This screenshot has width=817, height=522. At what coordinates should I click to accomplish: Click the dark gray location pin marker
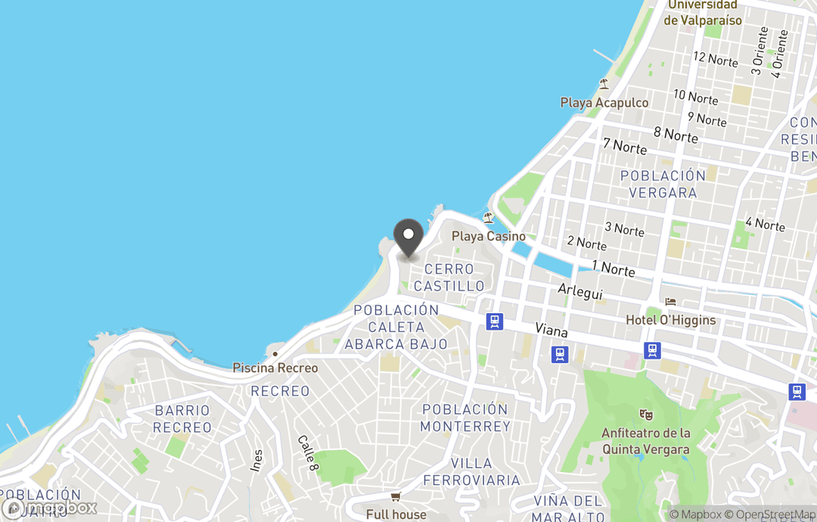[x=408, y=238]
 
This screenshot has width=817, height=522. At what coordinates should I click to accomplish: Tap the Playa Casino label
[x=489, y=236]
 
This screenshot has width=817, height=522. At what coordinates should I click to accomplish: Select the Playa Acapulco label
[x=604, y=102]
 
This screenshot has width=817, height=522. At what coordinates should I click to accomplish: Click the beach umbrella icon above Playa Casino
[x=488, y=218]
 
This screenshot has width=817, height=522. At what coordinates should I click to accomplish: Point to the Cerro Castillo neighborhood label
[x=449, y=278]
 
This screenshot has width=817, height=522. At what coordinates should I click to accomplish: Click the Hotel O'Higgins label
[x=670, y=320]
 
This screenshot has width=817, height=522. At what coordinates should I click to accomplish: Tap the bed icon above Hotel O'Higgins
[x=670, y=302]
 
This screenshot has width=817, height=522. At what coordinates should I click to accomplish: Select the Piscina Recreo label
[x=275, y=368]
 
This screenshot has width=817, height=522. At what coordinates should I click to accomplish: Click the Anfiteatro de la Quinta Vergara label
[x=646, y=441]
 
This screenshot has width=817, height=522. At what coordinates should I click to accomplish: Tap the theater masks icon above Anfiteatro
[x=645, y=415]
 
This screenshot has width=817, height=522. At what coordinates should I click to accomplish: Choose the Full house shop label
[x=396, y=514]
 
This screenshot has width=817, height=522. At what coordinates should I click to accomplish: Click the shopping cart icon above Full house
[x=395, y=497]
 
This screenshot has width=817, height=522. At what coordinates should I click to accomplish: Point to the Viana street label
[x=551, y=331]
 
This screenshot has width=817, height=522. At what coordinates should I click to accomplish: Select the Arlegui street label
[x=580, y=291]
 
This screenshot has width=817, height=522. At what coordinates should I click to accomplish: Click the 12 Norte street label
[x=715, y=58]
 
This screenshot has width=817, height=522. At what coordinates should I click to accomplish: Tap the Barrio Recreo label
[x=182, y=418]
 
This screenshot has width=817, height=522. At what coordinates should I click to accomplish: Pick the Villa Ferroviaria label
[x=471, y=471]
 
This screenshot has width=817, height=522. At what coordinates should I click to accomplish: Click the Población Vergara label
[x=663, y=184]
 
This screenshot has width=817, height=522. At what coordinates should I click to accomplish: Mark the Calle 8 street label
[x=307, y=453]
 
